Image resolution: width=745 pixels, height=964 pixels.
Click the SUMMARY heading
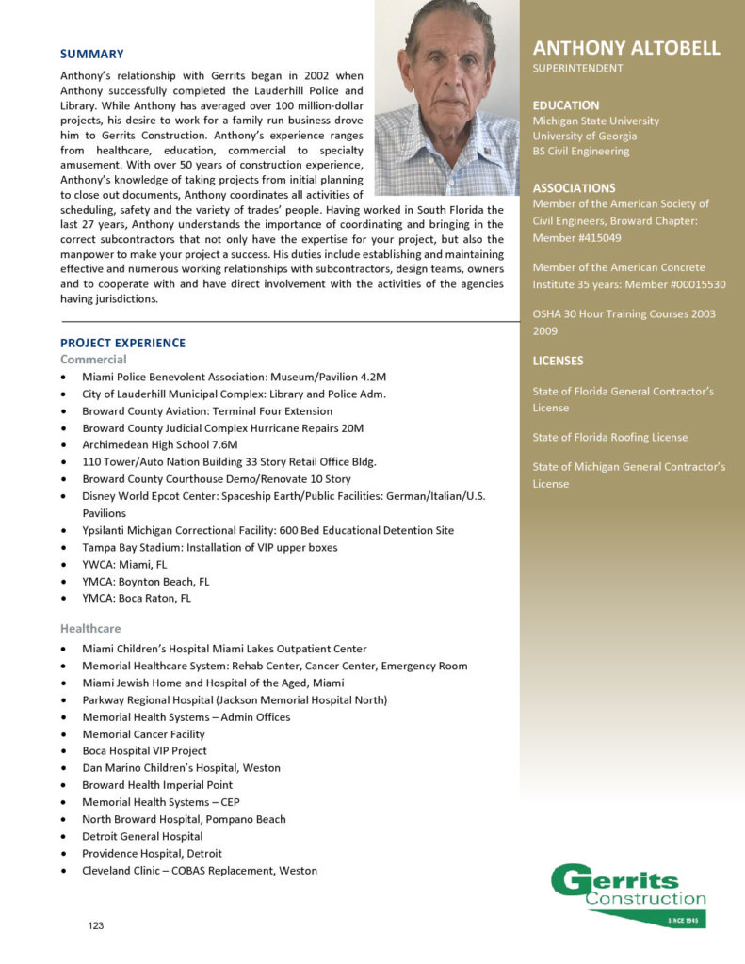pyautogui.click(x=91, y=54)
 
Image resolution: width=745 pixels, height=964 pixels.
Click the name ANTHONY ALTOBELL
pyautogui.click(x=626, y=48)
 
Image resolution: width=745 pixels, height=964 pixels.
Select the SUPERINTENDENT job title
pyautogui.click(x=577, y=69)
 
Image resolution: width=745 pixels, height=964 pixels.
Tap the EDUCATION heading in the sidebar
pyautogui.click(x=566, y=105)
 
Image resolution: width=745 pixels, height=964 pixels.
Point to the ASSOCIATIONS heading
pyautogui.click(x=574, y=187)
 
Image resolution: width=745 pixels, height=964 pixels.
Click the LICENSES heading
pyautogui.click(x=558, y=361)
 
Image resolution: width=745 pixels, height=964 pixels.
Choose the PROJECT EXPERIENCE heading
pyautogui.click(x=122, y=343)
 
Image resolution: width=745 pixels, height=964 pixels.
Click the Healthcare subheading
pyautogui.click(x=90, y=628)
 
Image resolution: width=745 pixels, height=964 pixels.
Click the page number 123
pyautogui.click(x=96, y=926)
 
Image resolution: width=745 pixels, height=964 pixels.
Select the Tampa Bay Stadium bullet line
pyautogui.click(x=209, y=547)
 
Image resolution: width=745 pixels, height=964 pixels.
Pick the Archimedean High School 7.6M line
pyautogui.click(x=159, y=445)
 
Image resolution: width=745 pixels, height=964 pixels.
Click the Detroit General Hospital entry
pyautogui.click(x=142, y=836)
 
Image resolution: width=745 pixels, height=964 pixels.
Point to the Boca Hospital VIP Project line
pyautogui.click(x=144, y=751)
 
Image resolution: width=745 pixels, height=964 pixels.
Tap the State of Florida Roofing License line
pyautogui.click(x=609, y=437)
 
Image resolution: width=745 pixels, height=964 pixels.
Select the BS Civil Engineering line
pyautogui.click(x=581, y=151)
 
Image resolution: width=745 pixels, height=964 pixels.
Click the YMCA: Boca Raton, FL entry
pyautogui.click(x=136, y=598)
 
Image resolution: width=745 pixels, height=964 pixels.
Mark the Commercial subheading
pyautogui.click(x=93, y=360)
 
